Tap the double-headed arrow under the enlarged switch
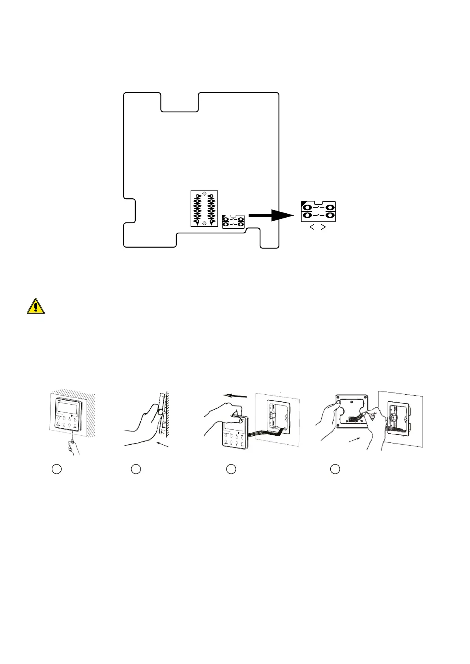318,227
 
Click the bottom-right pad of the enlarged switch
330,215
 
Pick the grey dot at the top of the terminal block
204,193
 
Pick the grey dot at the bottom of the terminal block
204,223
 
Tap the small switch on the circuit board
234,221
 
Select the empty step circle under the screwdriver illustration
57,469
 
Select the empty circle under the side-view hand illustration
136,469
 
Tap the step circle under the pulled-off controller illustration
231,469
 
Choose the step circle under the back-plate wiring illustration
335,469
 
